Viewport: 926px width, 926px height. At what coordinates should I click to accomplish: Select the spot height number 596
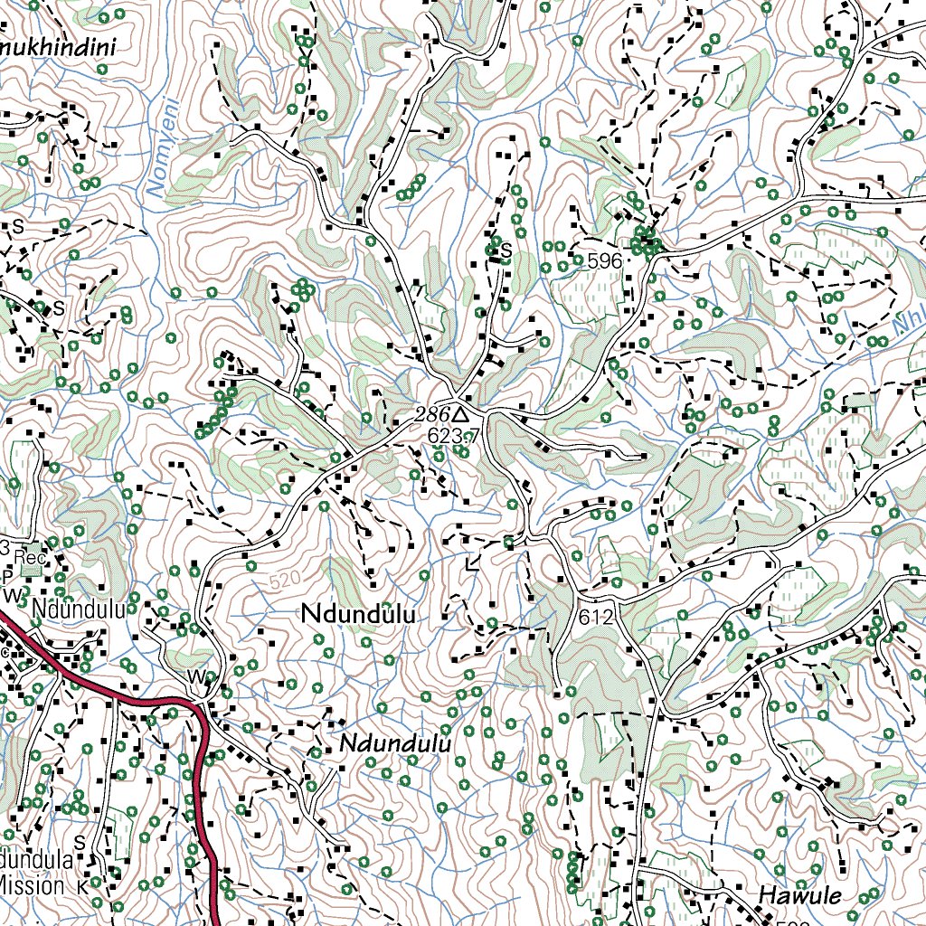(604, 261)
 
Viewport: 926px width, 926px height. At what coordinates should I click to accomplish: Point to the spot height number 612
(598, 619)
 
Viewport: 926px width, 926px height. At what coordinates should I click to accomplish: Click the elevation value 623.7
(453, 436)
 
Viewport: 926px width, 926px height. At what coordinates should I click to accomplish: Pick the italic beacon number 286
(431, 414)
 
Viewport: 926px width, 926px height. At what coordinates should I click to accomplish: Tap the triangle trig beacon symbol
(460, 414)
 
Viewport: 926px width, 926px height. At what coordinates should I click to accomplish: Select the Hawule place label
(799, 895)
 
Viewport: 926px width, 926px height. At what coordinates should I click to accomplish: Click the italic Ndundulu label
(395, 745)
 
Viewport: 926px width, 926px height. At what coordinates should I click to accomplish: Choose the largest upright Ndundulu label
(359, 614)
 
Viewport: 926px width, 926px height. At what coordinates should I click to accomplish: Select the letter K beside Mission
(82, 886)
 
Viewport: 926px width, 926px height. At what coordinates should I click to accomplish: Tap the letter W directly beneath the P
(12, 596)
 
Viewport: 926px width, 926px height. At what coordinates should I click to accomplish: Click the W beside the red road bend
(195, 676)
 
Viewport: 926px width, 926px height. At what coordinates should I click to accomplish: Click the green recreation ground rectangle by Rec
(33, 569)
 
